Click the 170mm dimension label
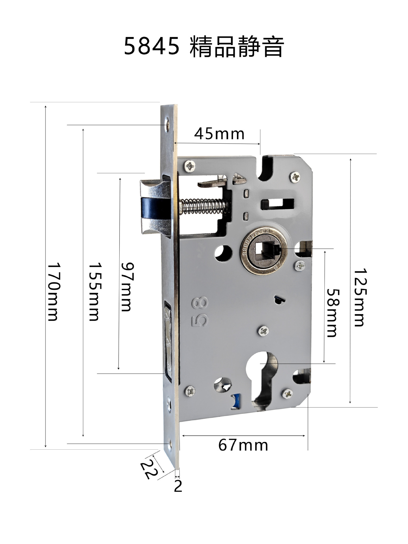click(x=53, y=292)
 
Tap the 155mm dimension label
click(x=94, y=292)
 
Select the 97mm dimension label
click(x=127, y=287)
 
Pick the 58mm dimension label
click(x=332, y=313)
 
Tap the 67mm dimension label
click(x=243, y=445)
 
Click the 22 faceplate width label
click(x=149, y=470)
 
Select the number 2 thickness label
click(x=178, y=486)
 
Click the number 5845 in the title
click(x=152, y=46)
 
